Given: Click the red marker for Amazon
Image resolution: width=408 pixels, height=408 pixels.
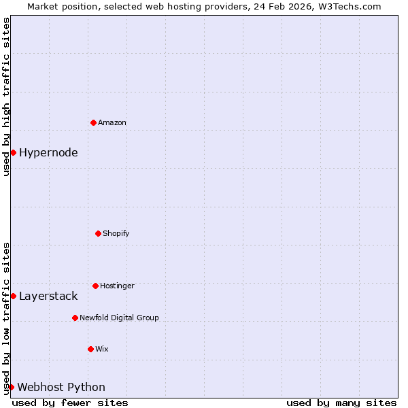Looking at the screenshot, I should [x=93, y=122].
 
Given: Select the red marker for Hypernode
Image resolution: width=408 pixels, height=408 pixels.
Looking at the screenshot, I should [x=13, y=152].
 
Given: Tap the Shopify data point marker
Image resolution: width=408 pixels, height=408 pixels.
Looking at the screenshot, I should [x=98, y=233].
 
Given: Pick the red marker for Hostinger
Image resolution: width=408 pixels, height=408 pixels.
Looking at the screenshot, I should [x=95, y=286].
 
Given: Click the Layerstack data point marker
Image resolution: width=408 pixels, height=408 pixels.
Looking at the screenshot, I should [x=13, y=296].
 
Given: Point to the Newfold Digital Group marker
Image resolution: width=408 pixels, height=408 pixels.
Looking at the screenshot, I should [x=75, y=318].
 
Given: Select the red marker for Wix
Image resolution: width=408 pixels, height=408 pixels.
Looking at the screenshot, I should [x=90, y=349].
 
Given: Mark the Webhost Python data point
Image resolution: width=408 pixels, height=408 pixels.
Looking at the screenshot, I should [x=11, y=387].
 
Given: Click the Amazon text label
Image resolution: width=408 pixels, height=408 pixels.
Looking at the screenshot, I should [x=112, y=122].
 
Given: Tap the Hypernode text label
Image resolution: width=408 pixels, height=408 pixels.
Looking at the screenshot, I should [x=48, y=152].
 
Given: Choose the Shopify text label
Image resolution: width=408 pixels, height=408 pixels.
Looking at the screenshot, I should [x=116, y=233].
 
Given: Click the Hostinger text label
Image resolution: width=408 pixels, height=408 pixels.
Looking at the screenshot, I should [x=117, y=286].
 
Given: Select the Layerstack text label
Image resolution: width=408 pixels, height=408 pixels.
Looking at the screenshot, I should [x=48, y=296].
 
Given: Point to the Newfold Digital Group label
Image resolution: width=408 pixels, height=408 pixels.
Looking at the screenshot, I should [x=119, y=318].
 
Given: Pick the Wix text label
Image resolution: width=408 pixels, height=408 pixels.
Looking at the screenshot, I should [x=102, y=349].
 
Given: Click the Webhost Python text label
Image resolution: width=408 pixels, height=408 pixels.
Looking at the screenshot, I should [x=61, y=387].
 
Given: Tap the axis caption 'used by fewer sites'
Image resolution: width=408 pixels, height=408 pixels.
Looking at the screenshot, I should [x=70, y=403].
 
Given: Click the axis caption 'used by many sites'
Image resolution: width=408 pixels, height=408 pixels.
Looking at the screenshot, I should [x=341, y=403].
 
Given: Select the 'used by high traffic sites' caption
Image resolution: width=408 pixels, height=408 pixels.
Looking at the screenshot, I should [x=6, y=97].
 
